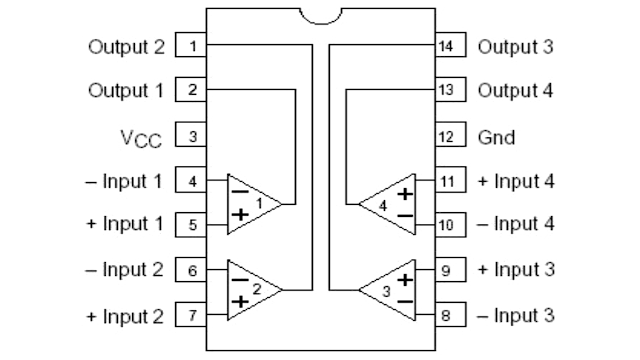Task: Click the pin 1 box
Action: coord(190,46)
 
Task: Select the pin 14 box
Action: coord(447,46)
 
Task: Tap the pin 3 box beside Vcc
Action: coord(190,135)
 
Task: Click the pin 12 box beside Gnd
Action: coord(447,136)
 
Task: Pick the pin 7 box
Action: coord(190,316)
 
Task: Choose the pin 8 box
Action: coord(447,316)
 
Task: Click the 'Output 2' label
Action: coord(125,46)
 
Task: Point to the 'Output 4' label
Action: coord(514,91)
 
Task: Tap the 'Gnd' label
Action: coord(497,136)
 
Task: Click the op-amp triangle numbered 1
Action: coord(249,203)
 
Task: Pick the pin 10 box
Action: coord(447,225)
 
